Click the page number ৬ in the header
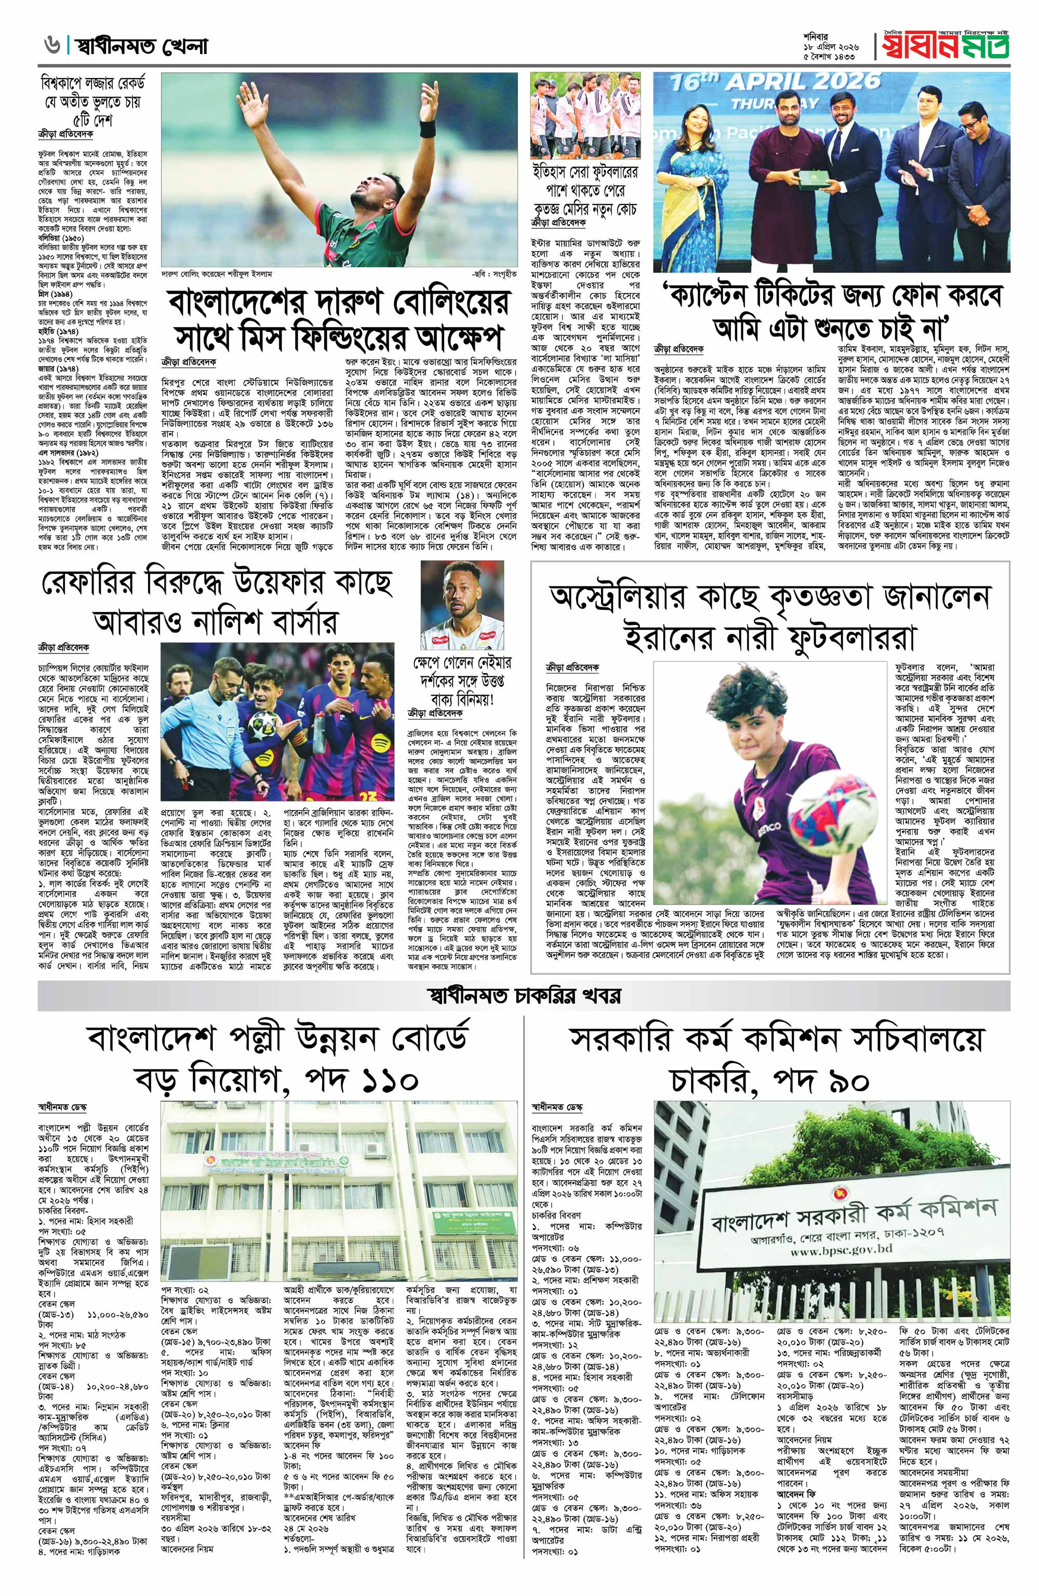coord(49,46)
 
